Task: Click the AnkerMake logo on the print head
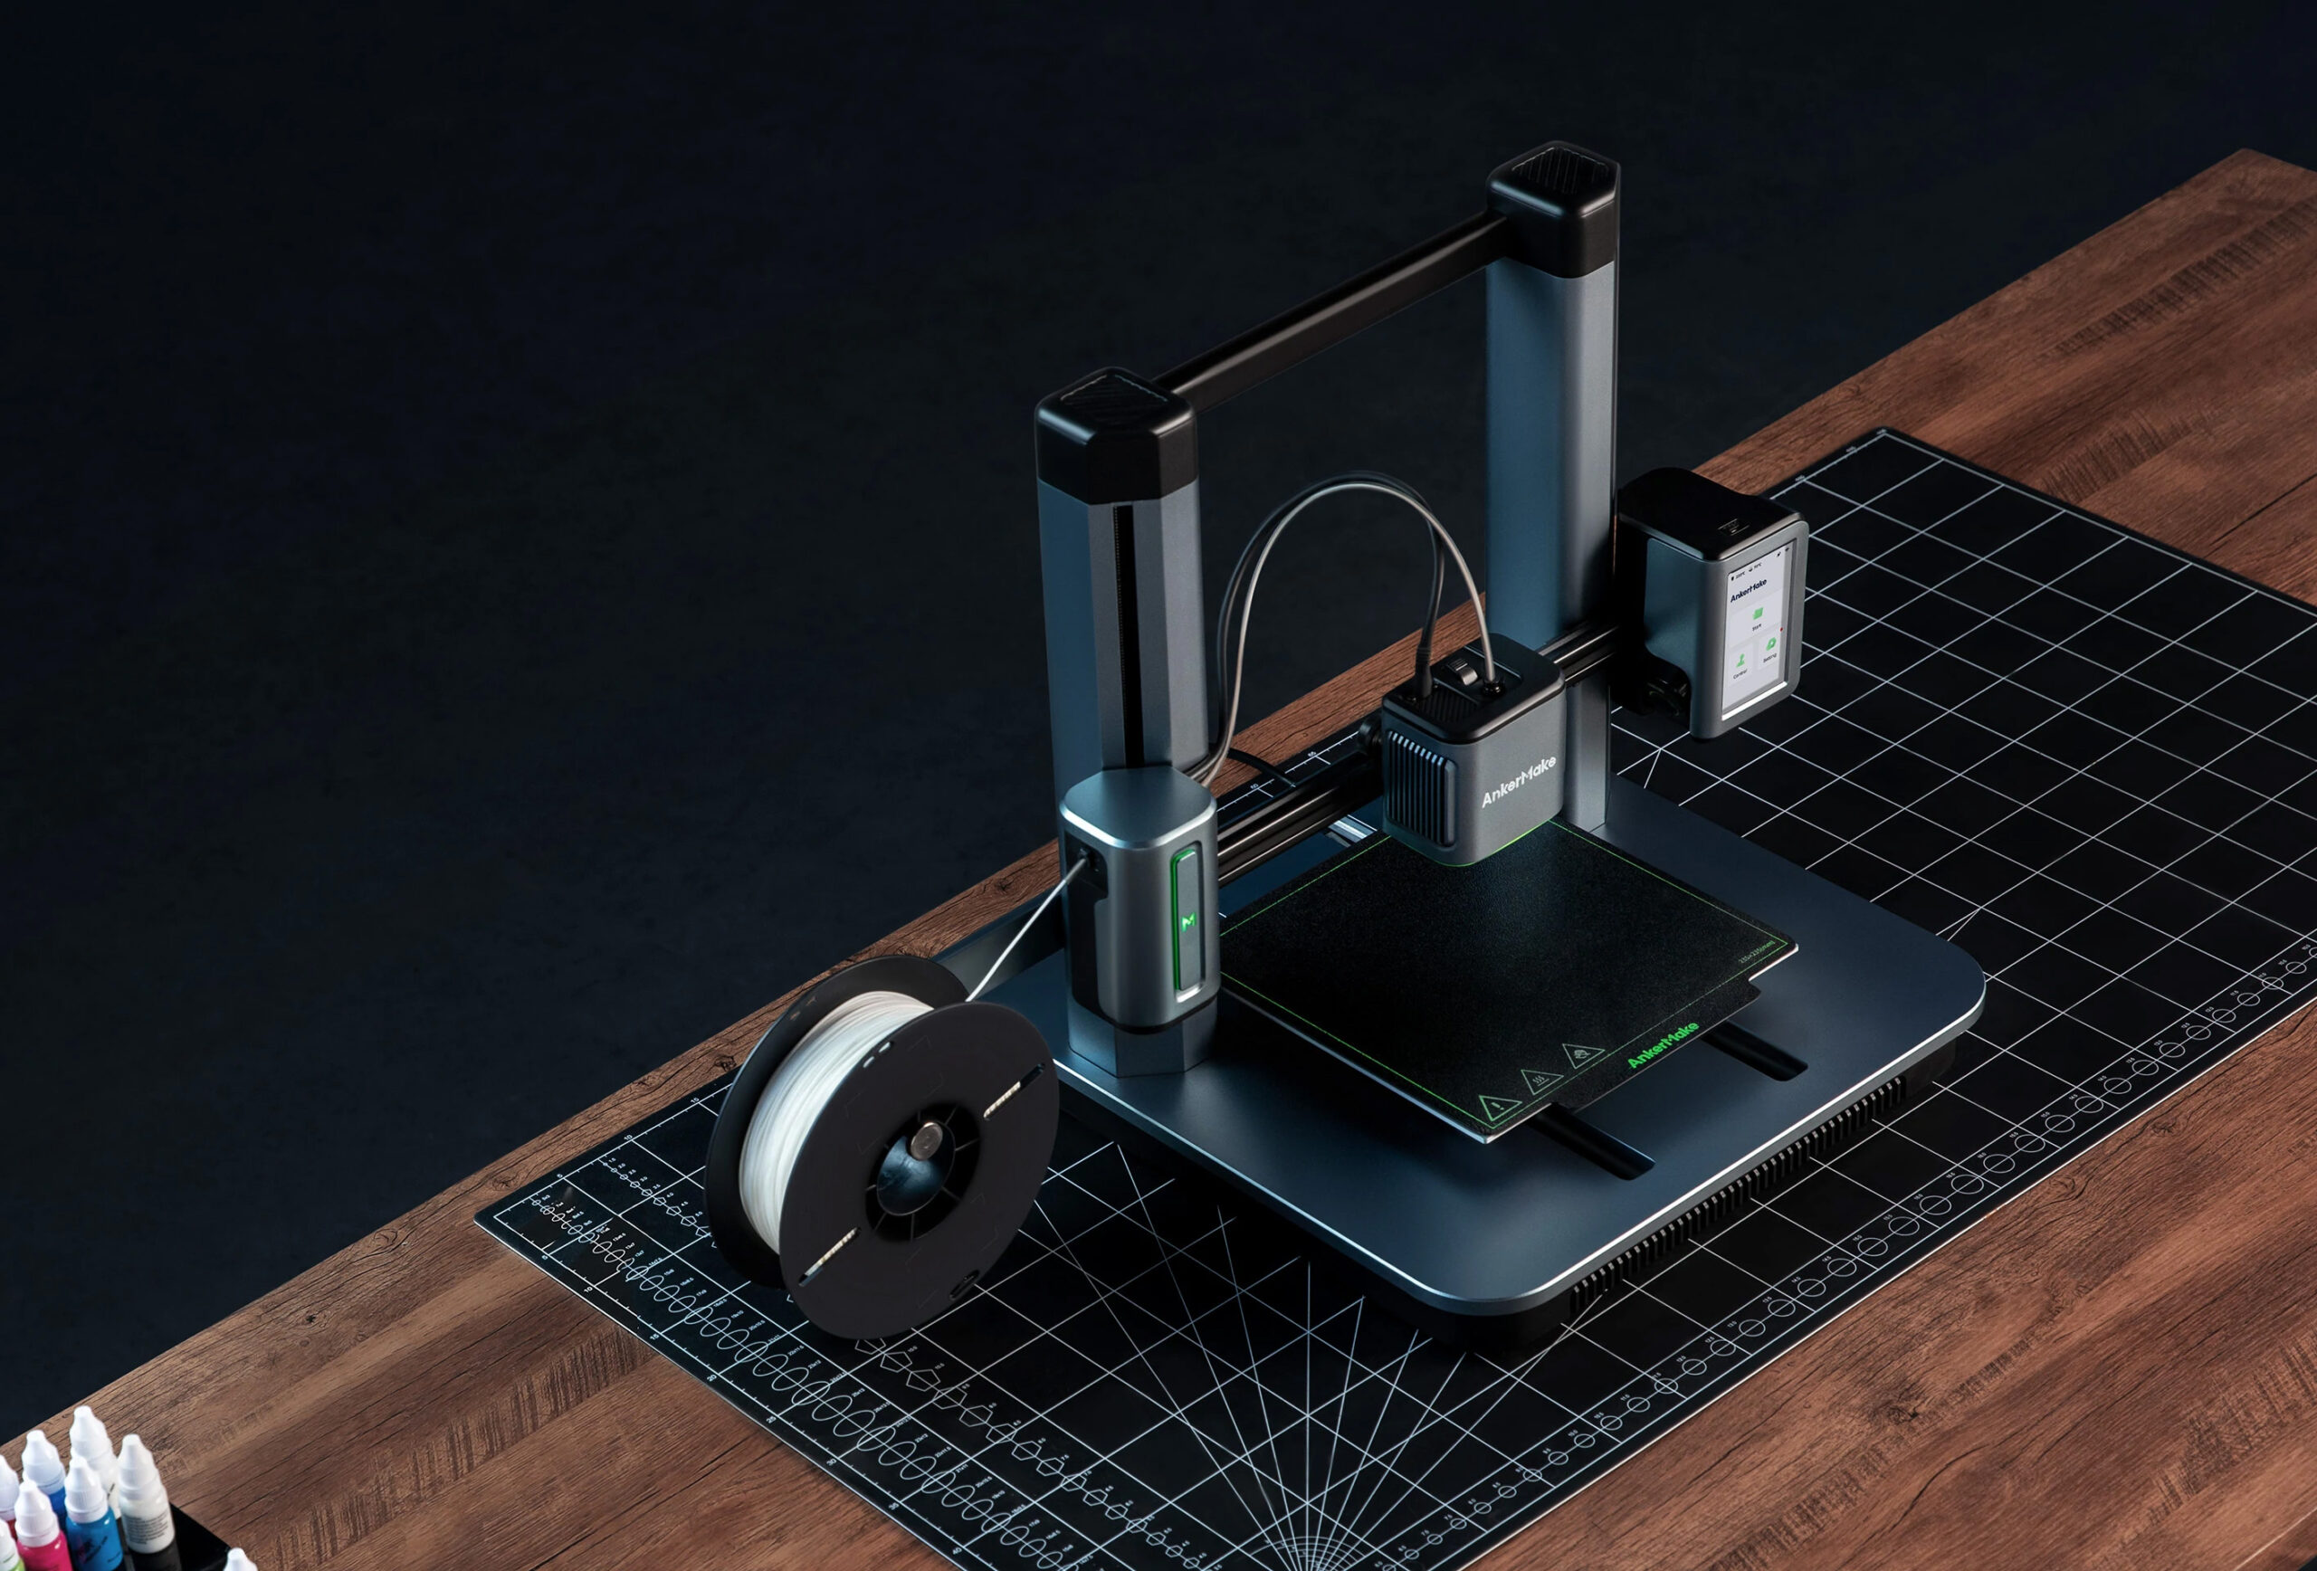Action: click(1518, 783)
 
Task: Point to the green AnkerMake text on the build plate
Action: click(1662, 1044)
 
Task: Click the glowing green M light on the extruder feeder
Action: click(1187, 922)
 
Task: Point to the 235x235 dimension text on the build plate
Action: click(1758, 951)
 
